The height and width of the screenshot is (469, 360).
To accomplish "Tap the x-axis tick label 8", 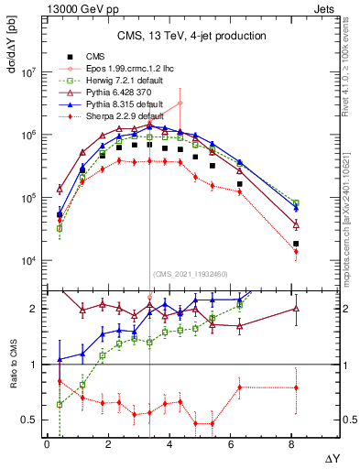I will click(291, 444).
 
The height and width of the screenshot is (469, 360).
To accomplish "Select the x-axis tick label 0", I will click(47, 444).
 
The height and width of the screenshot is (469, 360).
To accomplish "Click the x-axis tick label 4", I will click(169, 444).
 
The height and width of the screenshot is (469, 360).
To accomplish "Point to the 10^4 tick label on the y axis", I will click(29, 261).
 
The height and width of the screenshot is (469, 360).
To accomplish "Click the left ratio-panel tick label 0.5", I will click(29, 420).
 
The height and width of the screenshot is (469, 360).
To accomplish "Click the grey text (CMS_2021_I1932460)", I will click(190, 274).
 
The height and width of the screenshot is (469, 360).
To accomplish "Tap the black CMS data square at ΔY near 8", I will click(296, 244).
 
